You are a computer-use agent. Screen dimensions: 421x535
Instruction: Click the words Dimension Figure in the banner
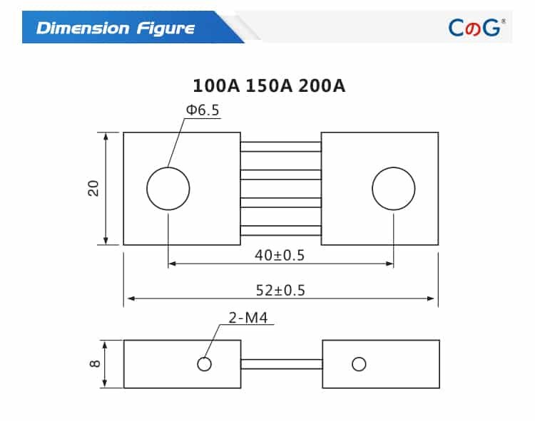point(116,28)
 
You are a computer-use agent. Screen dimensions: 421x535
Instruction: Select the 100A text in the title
point(217,86)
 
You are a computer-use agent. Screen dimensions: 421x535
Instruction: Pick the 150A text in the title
point(269,86)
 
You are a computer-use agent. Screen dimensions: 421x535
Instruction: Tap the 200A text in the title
point(321,86)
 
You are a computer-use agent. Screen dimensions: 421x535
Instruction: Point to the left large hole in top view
point(168,189)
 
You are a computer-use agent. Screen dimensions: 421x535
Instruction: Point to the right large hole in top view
point(394,189)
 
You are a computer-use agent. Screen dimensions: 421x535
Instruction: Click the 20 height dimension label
point(93,189)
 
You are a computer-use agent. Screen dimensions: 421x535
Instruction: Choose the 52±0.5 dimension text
point(280,290)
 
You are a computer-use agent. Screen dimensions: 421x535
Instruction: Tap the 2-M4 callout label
point(248,318)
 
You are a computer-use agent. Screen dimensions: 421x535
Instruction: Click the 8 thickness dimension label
point(94,364)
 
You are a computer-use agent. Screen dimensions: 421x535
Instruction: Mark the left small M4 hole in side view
point(205,364)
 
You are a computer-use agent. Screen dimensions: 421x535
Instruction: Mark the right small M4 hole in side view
point(359,364)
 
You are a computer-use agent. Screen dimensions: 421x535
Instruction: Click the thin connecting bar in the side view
point(281,364)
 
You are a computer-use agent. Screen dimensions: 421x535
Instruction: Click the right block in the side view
point(399,364)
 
